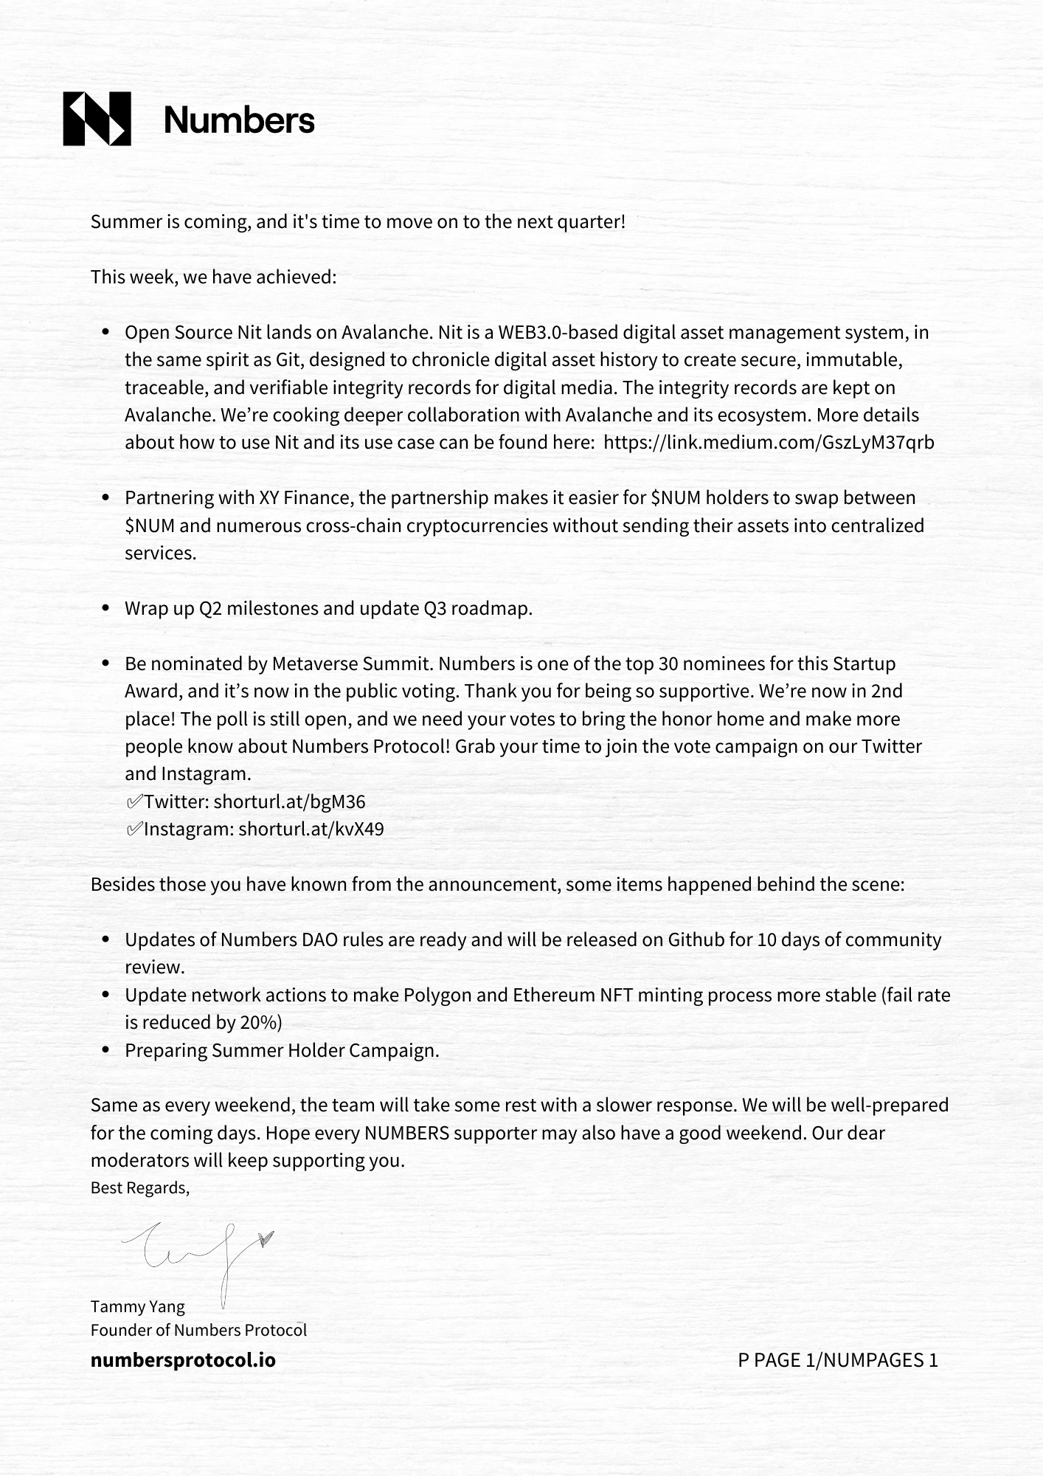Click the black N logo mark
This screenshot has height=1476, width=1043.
pyautogui.click(x=97, y=119)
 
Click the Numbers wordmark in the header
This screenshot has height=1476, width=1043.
pyautogui.click(x=239, y=120)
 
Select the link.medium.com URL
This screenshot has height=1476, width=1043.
pyautogui.click(x=769, y=443)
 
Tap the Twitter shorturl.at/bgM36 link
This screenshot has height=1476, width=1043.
pyautogui.click(x=289, y=801)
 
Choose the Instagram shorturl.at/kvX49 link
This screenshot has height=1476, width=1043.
pyautogui.click(x=311, y=829)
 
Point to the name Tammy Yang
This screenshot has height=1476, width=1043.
pyautogui.click(x=138, y=1306)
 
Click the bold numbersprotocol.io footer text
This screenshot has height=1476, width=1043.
pyautogui.click(x=183, y=1360)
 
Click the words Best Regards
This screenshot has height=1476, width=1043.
pyautogui.click(x=139, y=1187)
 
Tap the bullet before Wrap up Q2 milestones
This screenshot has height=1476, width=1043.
pyautogui.click(x=106, y=609)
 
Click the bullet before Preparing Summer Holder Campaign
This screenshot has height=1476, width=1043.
pyautogui.click(x=106, y=1050)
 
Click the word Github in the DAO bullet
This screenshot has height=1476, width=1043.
pyautogui.click(x=695, y=939)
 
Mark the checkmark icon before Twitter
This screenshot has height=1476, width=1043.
pyautogui.click(x=134, y=801)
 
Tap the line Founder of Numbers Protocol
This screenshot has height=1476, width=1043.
pyautogui.click(x=198, y=1330)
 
